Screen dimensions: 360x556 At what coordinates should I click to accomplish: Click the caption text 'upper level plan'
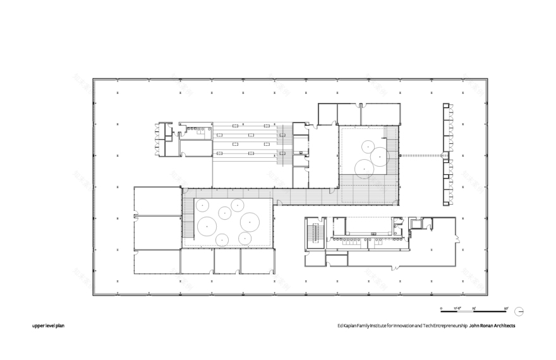[49, 327]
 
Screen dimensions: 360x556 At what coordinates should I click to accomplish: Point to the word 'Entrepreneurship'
[448, 327]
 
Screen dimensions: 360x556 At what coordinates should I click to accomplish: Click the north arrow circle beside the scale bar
[519, 311]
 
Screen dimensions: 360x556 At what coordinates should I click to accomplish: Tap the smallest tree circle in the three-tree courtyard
[366, 146]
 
